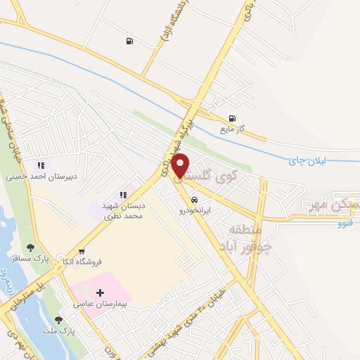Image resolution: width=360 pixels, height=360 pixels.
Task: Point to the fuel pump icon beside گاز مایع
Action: click(x=232, y=118)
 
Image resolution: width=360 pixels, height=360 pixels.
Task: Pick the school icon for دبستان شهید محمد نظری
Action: click(x=122, y=195)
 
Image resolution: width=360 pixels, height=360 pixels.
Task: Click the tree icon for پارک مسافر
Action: click(x=30, y=247)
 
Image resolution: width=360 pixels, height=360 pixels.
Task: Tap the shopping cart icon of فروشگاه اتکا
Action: click(x=82, y=252)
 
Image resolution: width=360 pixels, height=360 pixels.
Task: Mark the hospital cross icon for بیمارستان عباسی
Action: click(x=100, y=292)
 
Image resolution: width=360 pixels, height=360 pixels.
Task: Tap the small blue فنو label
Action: click(x=345, y=224)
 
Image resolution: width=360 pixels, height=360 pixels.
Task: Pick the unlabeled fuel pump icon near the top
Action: click(x=129, y=41)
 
